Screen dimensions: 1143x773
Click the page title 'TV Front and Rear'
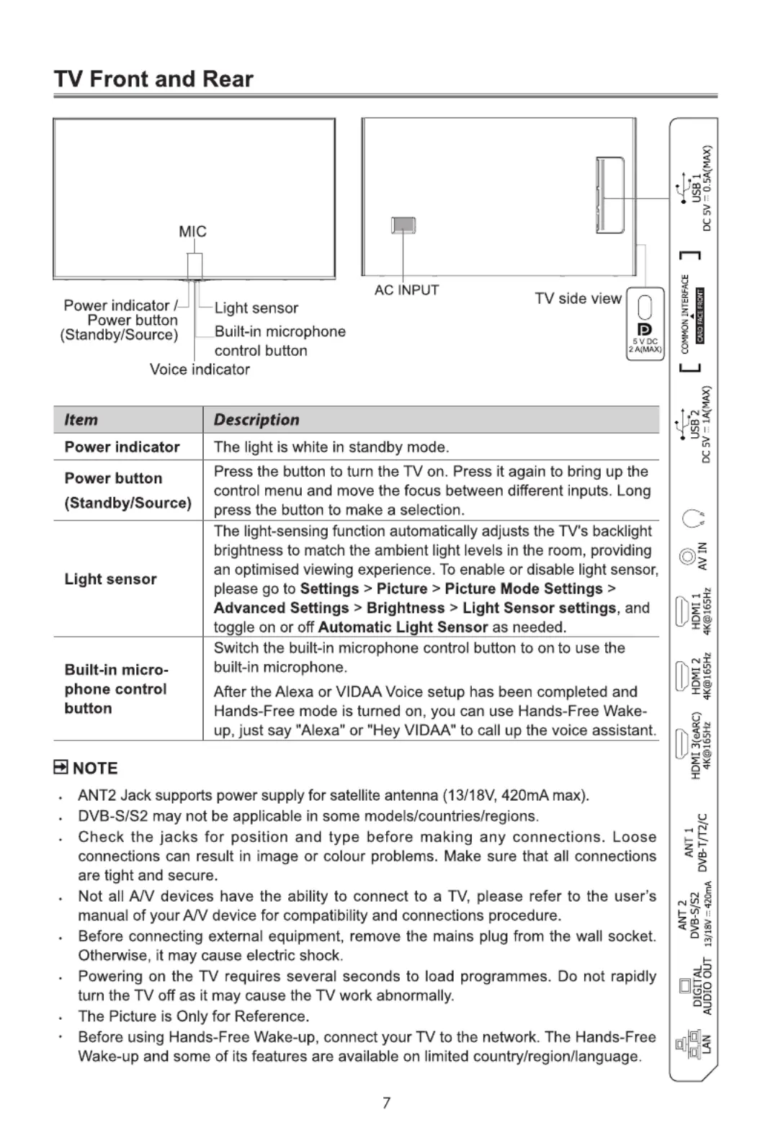(x=153, y=79)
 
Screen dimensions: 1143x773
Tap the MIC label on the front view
(x=192, y=231)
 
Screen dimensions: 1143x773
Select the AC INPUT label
(x=406, y=290)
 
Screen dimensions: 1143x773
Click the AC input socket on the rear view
(x=403, y=225)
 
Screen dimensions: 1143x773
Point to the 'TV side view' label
(x=578, y=299)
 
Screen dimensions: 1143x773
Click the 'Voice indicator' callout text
(x=200, y=369)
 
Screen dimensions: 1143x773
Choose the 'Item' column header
(x=81, y=420)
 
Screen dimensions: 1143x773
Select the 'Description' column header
(x=256, y=420)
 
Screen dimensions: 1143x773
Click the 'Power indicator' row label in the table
(x=122, y=447)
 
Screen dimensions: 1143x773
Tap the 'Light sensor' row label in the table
(x=110, y=579)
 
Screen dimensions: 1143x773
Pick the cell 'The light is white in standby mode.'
(x=331, y=447)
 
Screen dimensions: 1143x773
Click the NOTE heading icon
(x=61, y=768)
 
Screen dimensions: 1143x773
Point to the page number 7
(x=386, y=1103)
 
